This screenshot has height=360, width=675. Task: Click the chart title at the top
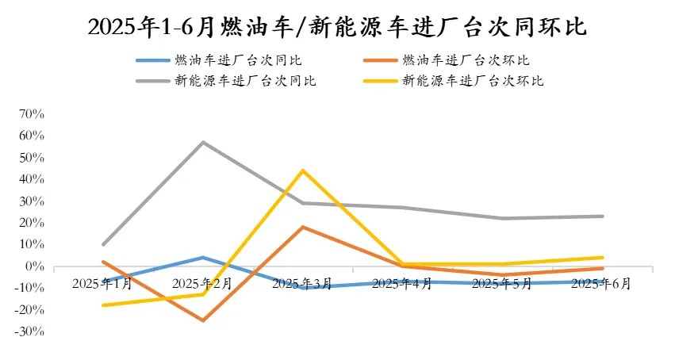coord(337,26)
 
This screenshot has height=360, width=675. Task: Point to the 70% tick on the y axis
coord(34,114)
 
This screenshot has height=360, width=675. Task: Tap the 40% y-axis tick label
coord(34,179)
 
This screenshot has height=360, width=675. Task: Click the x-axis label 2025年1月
coord(102,283)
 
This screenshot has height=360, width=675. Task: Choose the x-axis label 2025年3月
coord(302,283)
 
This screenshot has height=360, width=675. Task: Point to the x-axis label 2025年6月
coord(601,283)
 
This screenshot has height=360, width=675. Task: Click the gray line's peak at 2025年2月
coord(203,142)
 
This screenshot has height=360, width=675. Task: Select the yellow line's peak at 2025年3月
coord(303,170)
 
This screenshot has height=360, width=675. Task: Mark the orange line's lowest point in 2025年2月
coord(203,320)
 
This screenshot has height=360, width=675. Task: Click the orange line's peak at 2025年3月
coord(303,227)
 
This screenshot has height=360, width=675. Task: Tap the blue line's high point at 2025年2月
coord(203,258)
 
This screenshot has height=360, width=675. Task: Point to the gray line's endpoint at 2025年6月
coord(603,216)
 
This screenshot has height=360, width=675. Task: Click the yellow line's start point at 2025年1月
coord(103,305)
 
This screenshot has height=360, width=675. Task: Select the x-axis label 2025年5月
coord(502,283)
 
